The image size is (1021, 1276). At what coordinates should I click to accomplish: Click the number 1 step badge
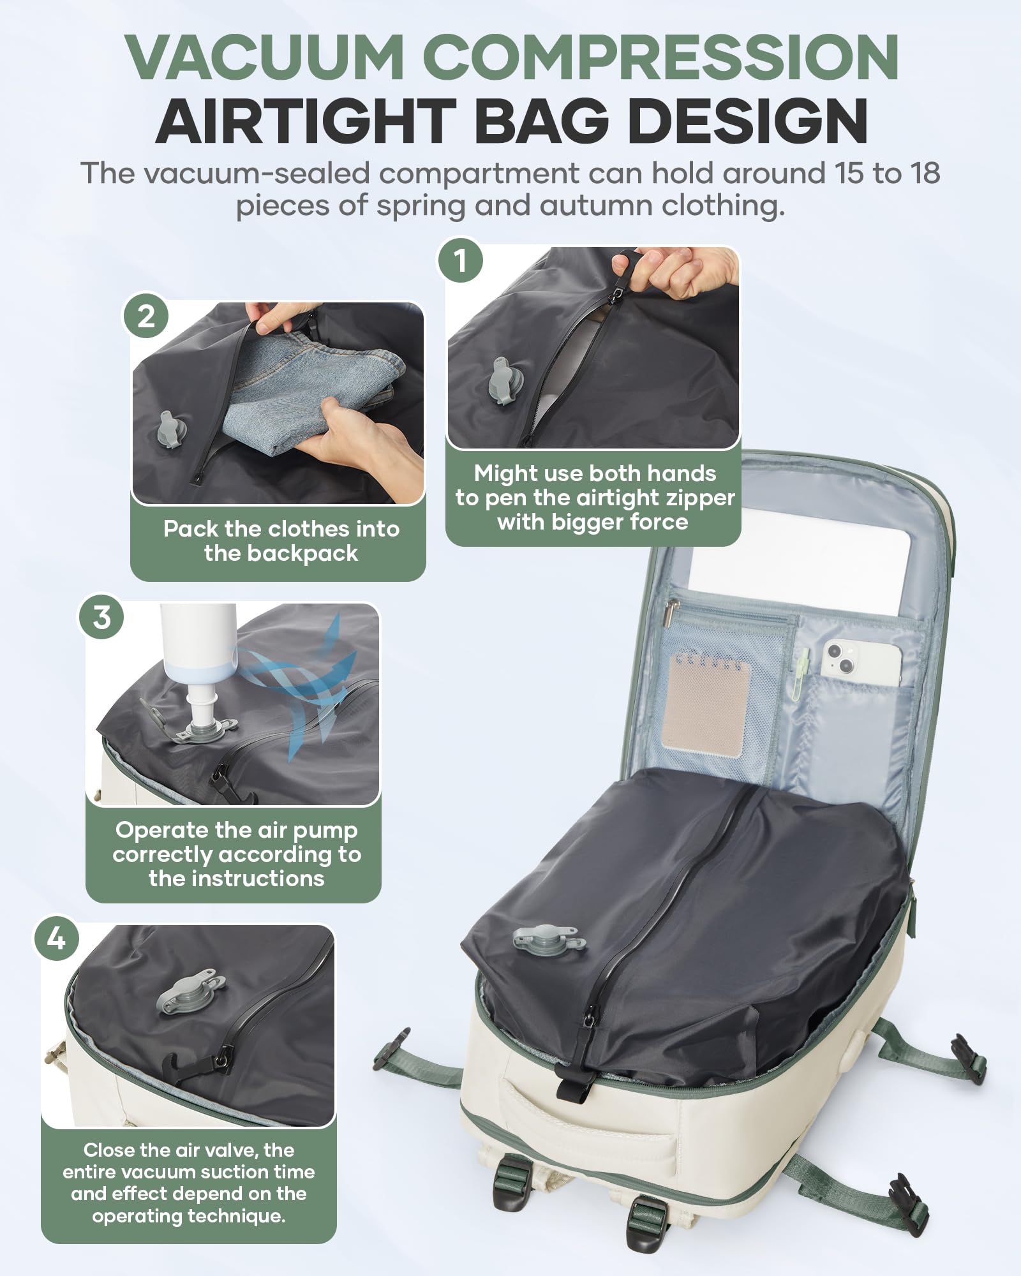coord(460,260)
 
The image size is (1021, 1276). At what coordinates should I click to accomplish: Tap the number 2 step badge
coord(146,316)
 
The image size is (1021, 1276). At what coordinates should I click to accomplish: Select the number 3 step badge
coord(102,617)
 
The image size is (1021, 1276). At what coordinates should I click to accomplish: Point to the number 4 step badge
coord(57,938)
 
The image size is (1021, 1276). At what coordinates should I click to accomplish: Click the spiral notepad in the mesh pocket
coord(705,702)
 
